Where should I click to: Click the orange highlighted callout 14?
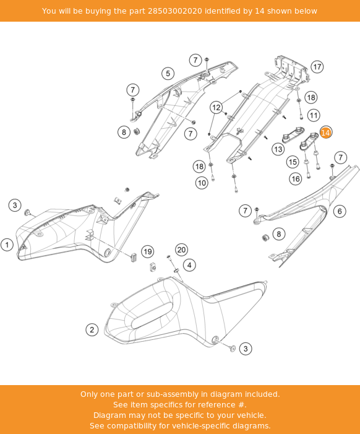point(325,132)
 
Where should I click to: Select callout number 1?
point(7,245)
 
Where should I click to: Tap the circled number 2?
point(92,329)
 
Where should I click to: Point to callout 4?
point(189,265)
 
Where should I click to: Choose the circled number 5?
point(168,74)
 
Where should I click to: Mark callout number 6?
point(340,211)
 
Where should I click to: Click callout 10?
point(202,183)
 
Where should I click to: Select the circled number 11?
point(314,115)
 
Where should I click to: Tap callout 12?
point(216,107)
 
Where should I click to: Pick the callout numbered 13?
point(278,149)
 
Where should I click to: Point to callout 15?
point(293,162)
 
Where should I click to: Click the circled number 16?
point(296,179)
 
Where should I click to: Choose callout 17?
point(317,67)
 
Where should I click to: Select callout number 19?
point(147,251)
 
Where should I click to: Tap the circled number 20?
point(181,250)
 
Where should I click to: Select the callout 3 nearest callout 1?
point(15,205)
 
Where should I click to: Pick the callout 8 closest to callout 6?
point(279,233)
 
